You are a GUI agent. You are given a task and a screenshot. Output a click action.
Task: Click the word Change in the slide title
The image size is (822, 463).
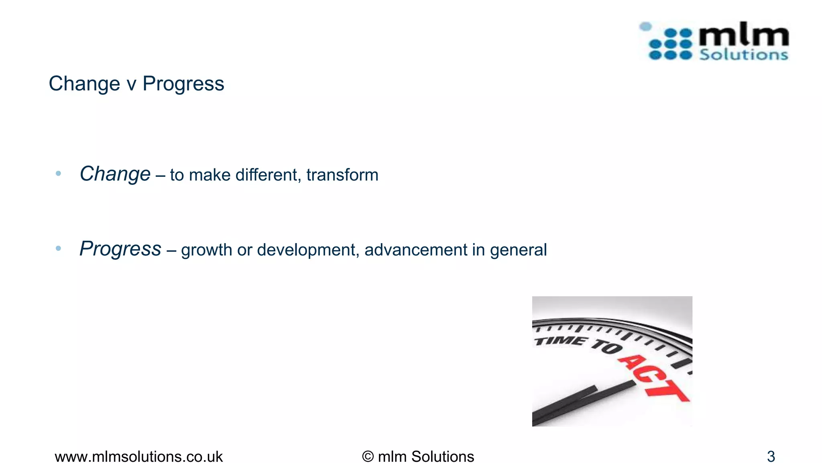pos(84,84)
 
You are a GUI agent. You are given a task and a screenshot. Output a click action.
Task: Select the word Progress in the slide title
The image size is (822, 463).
pos(183,84)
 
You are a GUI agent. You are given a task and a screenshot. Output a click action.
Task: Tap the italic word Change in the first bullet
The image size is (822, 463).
pos(115,174)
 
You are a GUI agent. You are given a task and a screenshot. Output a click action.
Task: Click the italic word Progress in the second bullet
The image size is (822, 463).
pos(120,249)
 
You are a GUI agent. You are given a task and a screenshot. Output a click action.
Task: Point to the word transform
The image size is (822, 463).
pos(342,175)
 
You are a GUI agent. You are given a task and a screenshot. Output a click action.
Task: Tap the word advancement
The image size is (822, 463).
pos(416,250)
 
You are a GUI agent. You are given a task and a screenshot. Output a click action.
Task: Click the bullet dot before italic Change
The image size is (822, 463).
pos(59,174)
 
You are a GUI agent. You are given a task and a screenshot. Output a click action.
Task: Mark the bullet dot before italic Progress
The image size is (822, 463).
pos(59,248)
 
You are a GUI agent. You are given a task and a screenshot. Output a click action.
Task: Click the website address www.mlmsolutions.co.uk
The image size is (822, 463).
pos(138,457)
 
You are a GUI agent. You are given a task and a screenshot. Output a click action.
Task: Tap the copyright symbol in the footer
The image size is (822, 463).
pos(368,457)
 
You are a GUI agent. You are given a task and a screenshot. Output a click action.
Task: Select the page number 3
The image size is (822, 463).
pos(771,457)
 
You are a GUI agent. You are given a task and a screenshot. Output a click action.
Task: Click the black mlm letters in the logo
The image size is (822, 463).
pos(743,35)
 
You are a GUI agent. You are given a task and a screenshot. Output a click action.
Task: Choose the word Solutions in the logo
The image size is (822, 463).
pos(743,54)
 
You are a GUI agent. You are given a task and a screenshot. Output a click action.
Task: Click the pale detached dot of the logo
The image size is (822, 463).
pos(645,27)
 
